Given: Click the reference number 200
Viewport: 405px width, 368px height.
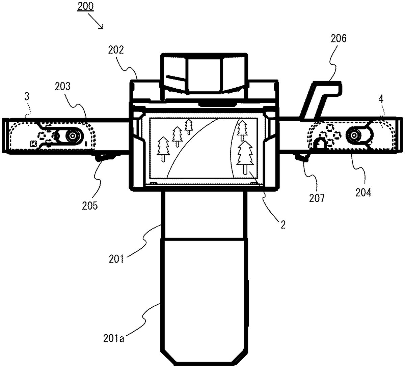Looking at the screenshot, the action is pos(85,6).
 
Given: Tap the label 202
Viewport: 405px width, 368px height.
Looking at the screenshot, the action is pos(116,50).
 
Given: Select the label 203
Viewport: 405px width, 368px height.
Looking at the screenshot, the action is pos(62,86).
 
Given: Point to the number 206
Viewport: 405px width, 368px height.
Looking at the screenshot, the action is pos(339,38).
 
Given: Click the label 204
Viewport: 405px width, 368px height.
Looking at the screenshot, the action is pos(363,192).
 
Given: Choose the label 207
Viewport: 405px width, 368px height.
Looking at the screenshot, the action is pos(317,198).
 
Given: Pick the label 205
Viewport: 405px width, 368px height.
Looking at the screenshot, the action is pos(90,206).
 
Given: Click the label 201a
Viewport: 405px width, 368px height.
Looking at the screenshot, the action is pos(114,338).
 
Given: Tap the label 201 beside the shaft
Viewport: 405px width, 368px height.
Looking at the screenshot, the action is pos(116,259).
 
